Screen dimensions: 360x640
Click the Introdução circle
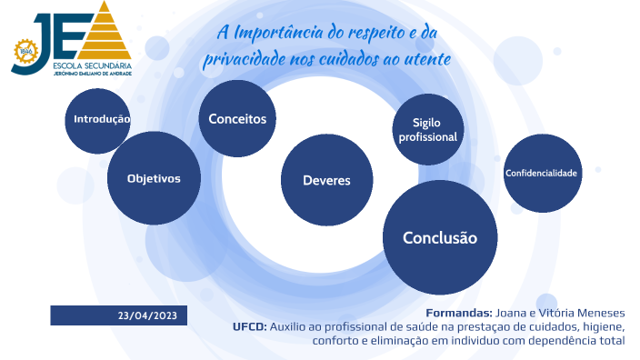(x=100, y=119)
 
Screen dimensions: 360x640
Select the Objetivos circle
(x=153, y=178)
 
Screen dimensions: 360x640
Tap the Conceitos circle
(x=237, y=119)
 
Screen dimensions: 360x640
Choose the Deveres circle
(x=326, y=180)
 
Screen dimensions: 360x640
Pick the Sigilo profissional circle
(x=427, y=129)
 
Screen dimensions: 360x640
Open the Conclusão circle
(x=440, y=237)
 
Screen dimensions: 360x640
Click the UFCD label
(x=249, y=326)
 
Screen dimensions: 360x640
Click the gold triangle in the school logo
(x=108, y=34)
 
